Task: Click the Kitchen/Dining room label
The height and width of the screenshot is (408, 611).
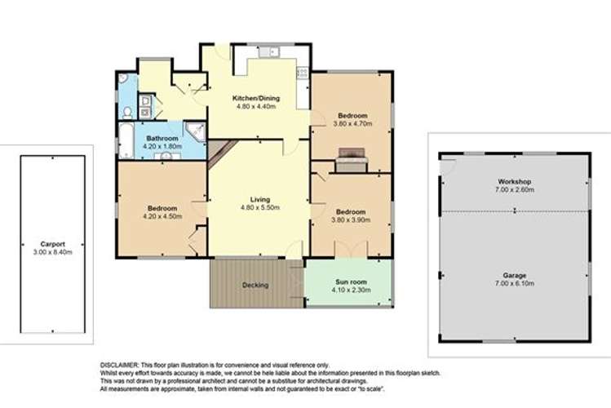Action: click(x=257, y=98)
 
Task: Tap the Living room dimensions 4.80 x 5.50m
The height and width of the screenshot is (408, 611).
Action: click(x=259, y=207)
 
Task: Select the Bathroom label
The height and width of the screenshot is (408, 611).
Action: click(x=163, y=139)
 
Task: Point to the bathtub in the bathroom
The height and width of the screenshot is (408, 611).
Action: click(x=126, y=140)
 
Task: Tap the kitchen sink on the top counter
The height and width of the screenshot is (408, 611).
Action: click(x=268, y=52)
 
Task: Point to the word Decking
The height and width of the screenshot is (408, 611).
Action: click(x=256, y=286)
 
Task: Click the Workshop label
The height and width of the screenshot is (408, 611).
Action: click(x=515, y=181)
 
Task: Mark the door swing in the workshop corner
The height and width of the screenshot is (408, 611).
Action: click(x=446, y=165)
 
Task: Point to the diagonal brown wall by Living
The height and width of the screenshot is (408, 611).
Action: click(x=221, y=153)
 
